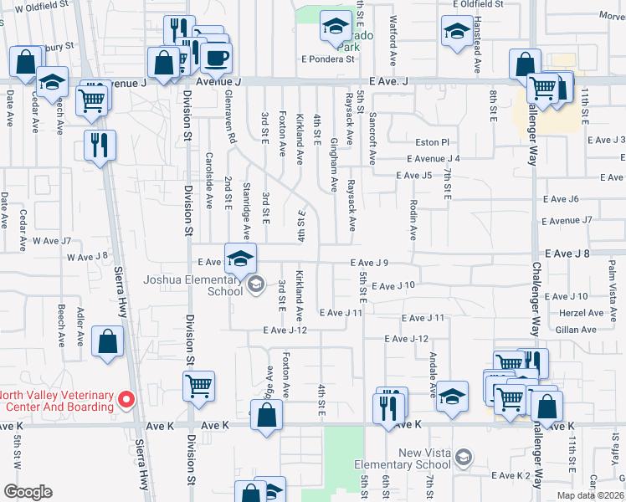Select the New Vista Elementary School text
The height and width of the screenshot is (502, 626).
(x=413, y=458)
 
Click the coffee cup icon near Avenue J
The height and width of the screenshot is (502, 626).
(x=216, y=59)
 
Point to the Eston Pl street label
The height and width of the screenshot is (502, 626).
(x=433, y=143)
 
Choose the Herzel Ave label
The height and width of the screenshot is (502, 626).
(x=583, y=313)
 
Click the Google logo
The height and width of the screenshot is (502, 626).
(x=28, y=492)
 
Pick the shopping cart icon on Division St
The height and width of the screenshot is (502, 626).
(x=198, y=387)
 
